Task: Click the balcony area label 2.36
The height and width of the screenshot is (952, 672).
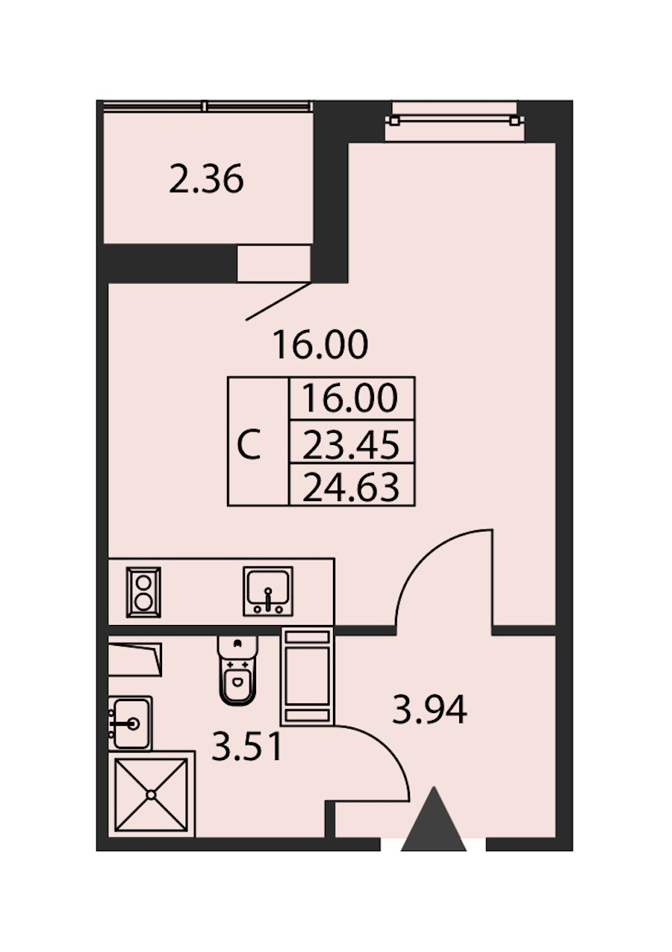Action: tap(206, 179)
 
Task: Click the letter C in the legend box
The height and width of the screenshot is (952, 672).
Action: tap(249, 444)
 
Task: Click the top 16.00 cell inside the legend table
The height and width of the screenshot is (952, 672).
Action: tap(351, 398)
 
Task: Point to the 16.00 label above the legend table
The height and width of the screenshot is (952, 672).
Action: tap(320, 345)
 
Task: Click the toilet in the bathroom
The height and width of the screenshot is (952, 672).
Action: tap(237, 670)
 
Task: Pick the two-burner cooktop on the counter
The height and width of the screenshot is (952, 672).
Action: tap(143, 592)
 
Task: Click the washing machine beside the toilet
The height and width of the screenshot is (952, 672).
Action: tap(308, 677)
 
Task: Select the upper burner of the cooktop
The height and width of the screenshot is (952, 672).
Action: tap(143, 582)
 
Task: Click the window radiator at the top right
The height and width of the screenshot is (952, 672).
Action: tap(455, 121)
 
